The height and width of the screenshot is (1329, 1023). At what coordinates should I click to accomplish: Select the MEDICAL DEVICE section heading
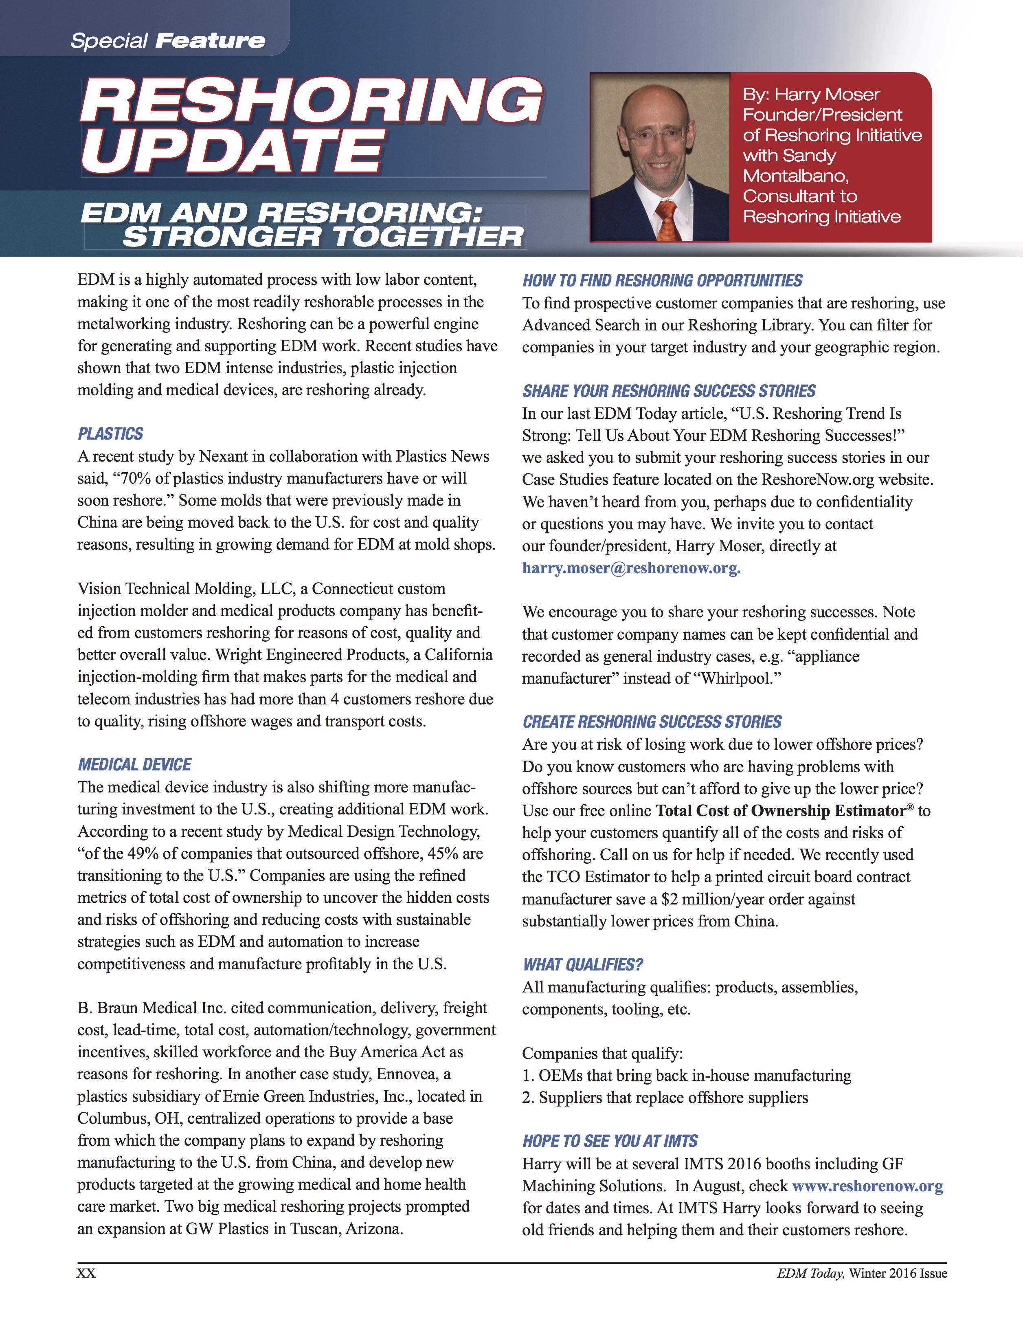[x=134, y=765]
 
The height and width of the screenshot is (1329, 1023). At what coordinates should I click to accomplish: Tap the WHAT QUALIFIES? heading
[x=582, y=964]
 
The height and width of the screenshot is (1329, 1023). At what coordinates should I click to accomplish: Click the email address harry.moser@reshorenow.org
[x=631, y=568]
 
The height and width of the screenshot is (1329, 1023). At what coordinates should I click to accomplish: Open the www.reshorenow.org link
[x=867, y=1186]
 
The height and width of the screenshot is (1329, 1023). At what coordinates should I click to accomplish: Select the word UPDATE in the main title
[x=233, y=150]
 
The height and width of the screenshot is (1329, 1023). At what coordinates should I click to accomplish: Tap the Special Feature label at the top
[x=168, y=41]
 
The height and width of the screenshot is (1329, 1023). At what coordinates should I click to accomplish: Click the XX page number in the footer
[x=86, y=1274]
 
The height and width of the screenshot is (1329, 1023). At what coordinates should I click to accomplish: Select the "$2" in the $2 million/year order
[x=670, y=900]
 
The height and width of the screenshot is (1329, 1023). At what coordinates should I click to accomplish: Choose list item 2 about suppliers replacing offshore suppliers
[x=665, y=1098]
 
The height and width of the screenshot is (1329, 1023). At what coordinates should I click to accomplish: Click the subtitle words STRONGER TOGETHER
[x=323, y=237]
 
